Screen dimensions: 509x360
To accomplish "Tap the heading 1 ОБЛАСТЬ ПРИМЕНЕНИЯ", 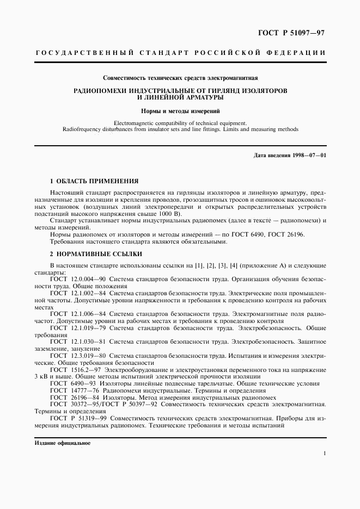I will [x=94, y=181].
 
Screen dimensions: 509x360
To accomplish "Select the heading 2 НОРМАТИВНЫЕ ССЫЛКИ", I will [x=96, y=254].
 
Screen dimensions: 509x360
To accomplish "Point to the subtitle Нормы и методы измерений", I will [x=180, y=110].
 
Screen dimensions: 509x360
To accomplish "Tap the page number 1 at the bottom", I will [x=324, y=453].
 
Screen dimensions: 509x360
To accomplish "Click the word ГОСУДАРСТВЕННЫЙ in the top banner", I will [x=84, y=53].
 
